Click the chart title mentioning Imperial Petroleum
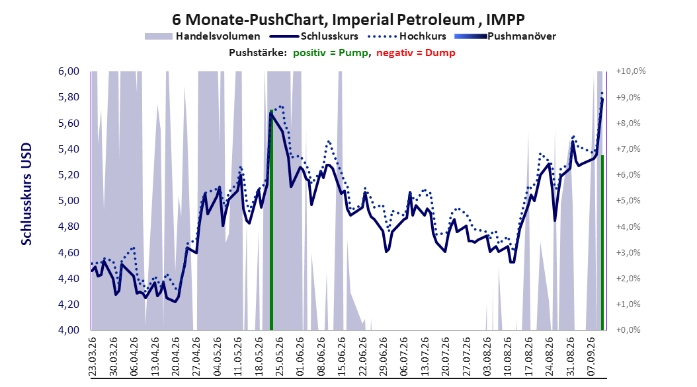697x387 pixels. coord(348,20)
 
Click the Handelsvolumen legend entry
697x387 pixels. coord(203,36)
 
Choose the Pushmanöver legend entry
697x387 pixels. coord(505,36)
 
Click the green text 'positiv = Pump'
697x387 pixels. coord(331,53)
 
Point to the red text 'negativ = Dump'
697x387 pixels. coord(416,53)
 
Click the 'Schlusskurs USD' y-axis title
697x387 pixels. coord(26,194)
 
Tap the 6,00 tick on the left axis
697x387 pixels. coord(69,71)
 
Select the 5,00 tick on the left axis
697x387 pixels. coord(69,201)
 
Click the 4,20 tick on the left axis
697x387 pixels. coord(69,304)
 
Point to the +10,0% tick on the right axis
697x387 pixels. coord(631,71)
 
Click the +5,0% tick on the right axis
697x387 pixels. coord(628,201)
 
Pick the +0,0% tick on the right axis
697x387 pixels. coord(628,330)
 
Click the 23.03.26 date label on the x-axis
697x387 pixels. coord(93,357)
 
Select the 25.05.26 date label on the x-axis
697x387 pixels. coord(279,357)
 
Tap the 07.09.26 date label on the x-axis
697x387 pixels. coord(591,357)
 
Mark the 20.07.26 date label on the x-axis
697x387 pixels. coord(446,357)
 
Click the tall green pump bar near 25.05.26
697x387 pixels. coord(271,220)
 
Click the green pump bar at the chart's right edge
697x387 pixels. coord(602,243)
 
